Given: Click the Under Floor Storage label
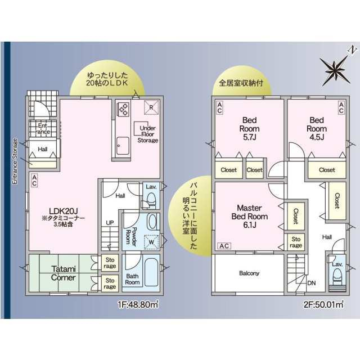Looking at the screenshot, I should (148, 134).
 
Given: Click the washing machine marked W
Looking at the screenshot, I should (151, 243).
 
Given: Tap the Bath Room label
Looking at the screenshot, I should (132, 278).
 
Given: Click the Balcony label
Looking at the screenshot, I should (249, 273).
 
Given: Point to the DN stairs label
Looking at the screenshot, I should (312, 283).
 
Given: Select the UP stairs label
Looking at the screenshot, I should (110, 223).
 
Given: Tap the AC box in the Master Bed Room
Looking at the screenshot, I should (224, 246).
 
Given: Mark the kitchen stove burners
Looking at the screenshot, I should (122, 109).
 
